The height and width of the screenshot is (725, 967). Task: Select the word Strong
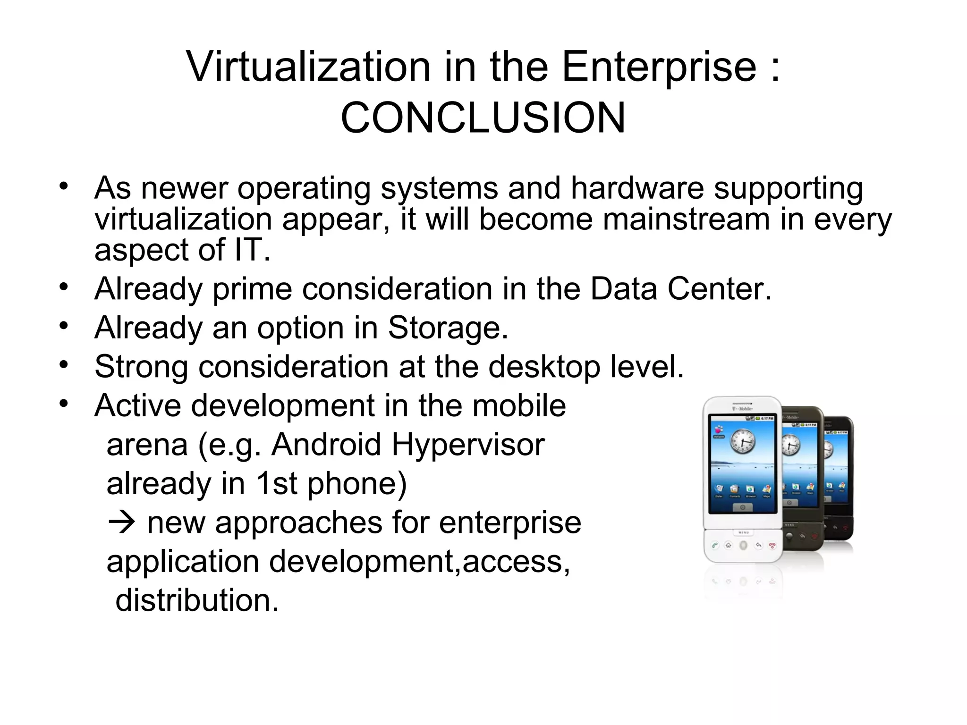[x=141, y=367]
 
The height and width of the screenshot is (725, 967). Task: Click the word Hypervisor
[x=468, y=445]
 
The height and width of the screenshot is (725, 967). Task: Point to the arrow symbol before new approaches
[x=122, y=523]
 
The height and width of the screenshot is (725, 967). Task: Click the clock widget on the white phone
[x=743, y=442]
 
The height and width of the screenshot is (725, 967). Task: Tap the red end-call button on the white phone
[x=772, y=546]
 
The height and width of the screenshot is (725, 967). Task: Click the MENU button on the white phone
[x=743, y=532]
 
